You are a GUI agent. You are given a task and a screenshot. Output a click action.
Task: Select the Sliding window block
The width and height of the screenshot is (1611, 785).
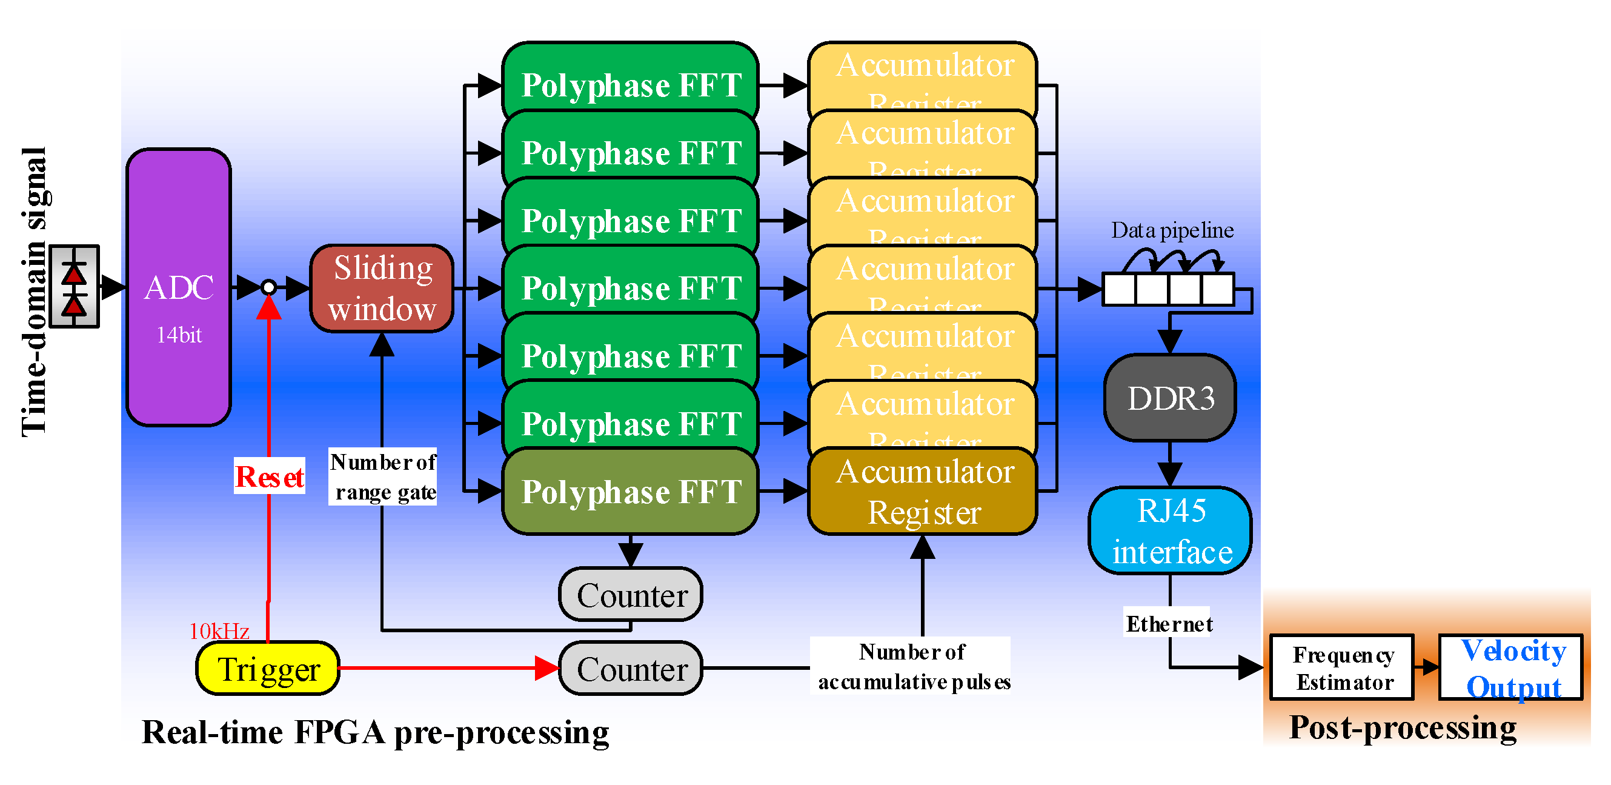(382, 289)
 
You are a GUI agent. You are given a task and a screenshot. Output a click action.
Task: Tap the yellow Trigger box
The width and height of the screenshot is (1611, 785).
(268, 668)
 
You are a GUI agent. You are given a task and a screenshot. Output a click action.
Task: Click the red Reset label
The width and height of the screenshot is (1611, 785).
(270, 476)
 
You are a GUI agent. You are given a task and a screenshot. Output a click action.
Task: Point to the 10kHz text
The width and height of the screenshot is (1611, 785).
(219, 630)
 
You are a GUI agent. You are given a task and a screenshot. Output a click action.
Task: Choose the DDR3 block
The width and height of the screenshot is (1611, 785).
(1169, 398)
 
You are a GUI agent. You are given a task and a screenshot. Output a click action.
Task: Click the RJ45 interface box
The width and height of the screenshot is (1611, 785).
(1170, 530)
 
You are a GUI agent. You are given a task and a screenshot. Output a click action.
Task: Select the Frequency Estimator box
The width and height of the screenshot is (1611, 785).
(1342, 667)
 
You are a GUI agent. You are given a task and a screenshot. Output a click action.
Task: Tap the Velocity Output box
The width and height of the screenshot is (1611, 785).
(1512, 667)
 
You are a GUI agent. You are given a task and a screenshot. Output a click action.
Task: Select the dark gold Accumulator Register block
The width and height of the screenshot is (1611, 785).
(923, 491)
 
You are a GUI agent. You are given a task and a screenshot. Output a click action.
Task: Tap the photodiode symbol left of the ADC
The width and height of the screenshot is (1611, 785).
(75, 287)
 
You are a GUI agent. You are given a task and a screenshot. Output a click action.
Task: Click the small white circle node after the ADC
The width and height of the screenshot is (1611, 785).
(268, 287)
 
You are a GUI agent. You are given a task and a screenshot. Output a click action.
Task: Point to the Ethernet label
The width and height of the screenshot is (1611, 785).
(1168, 623)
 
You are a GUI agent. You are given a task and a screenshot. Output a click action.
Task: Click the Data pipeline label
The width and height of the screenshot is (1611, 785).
(1171, 230)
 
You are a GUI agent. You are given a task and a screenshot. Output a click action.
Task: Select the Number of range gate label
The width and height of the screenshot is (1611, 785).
(383, 476)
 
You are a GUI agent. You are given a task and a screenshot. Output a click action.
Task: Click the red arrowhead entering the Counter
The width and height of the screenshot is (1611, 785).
(546, 668)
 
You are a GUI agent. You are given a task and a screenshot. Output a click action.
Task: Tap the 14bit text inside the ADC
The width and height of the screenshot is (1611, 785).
(179, 335)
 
